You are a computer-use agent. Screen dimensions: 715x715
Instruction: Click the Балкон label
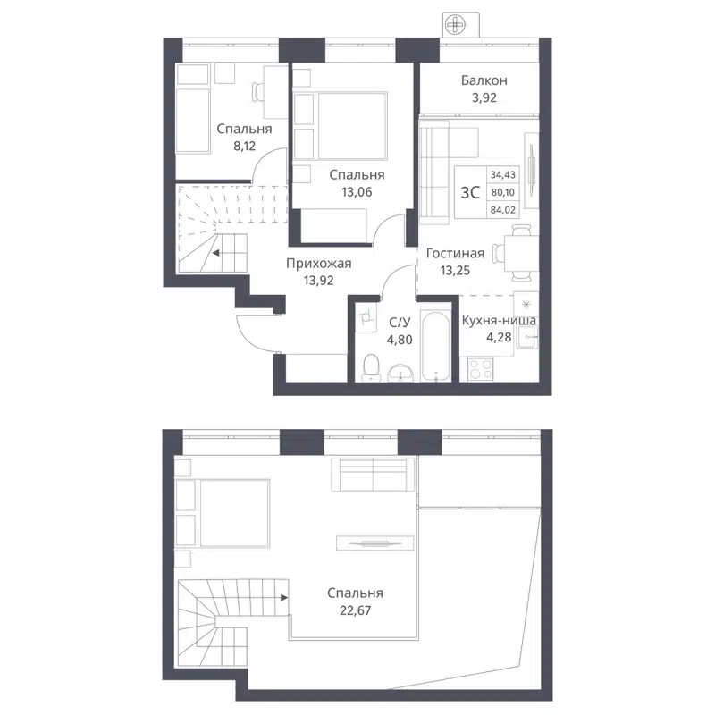coord(484,80)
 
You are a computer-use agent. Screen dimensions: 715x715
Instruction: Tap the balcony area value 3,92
coord(484,98)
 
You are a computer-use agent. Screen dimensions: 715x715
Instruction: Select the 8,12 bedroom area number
coord(244,144)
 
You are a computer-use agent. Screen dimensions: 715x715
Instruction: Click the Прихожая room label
coord(318,263)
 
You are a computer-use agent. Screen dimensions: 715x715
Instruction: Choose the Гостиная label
coord(455,253)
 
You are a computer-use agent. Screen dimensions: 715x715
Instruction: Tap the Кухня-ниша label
coord(499,320)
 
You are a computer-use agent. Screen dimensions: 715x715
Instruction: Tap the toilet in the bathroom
coord(372,367)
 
